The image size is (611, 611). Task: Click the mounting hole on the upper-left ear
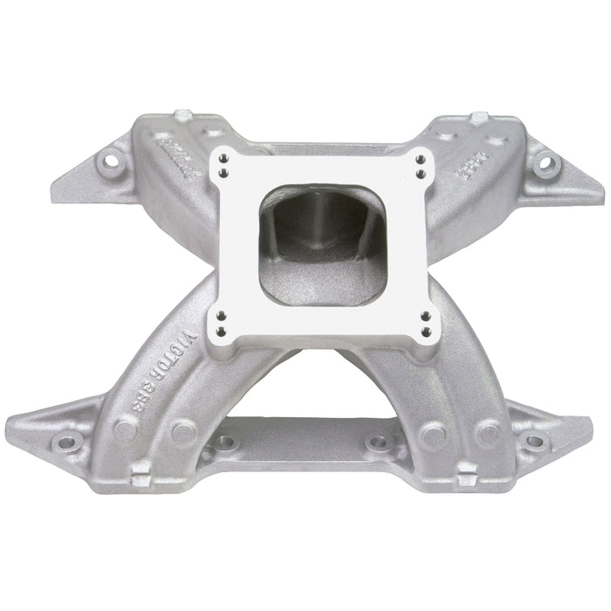(x=111, y=161)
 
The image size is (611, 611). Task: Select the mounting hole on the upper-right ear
(x=545, y=162)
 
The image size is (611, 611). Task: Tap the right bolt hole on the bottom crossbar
(x=377, y=443)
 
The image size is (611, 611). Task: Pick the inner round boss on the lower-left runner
(x=183, y=429)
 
